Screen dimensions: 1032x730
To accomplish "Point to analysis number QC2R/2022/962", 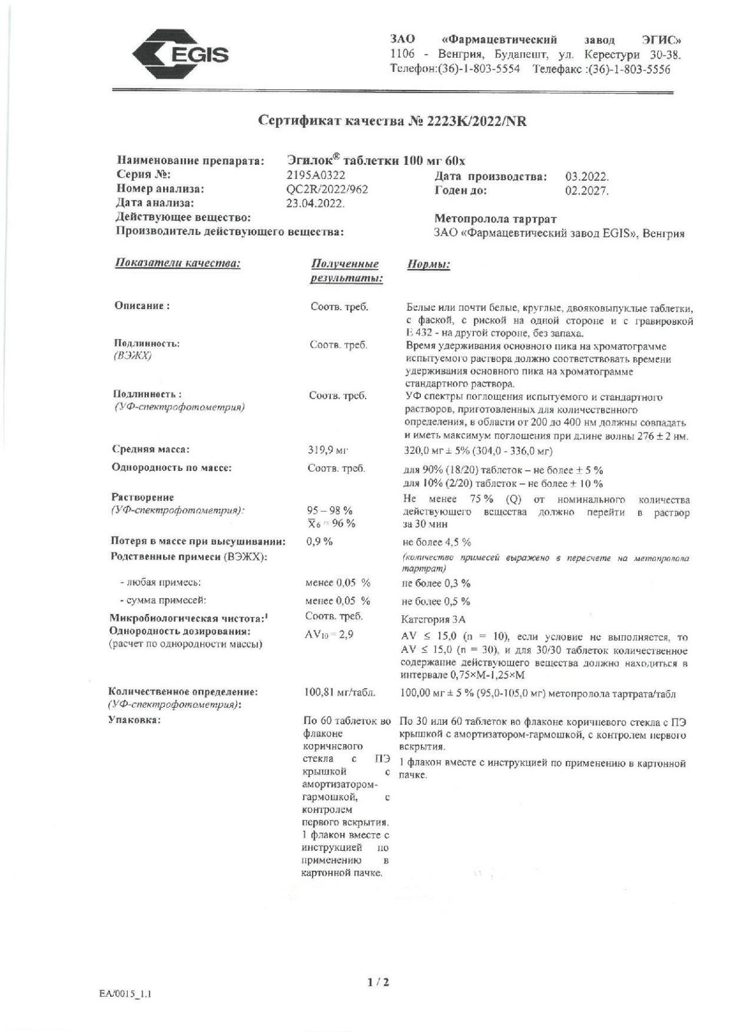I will click(x=327, y=189).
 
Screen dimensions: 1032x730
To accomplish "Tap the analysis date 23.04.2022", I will click(x=315, y=203).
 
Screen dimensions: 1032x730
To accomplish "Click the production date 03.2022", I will click(x=586, y=177).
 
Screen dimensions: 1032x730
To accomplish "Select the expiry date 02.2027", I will click(x=586, y=190).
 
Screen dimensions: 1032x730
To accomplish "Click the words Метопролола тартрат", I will click(x=495, y=218).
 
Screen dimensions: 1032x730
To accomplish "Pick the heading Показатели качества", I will click(x=178, y=263).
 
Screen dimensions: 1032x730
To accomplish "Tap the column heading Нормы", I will click(x=428, y=265).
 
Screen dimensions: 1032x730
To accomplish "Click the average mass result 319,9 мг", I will click(x=327, y=450).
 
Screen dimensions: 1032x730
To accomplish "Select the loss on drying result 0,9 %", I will click(x=320, y=542).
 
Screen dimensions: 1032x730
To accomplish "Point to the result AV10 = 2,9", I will click(x=328, y=634).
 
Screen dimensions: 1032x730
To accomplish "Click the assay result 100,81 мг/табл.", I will click(x=339, y=692).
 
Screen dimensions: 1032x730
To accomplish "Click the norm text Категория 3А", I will click(x=433, y=619).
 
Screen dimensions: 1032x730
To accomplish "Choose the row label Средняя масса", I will click(x=151, y=450).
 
